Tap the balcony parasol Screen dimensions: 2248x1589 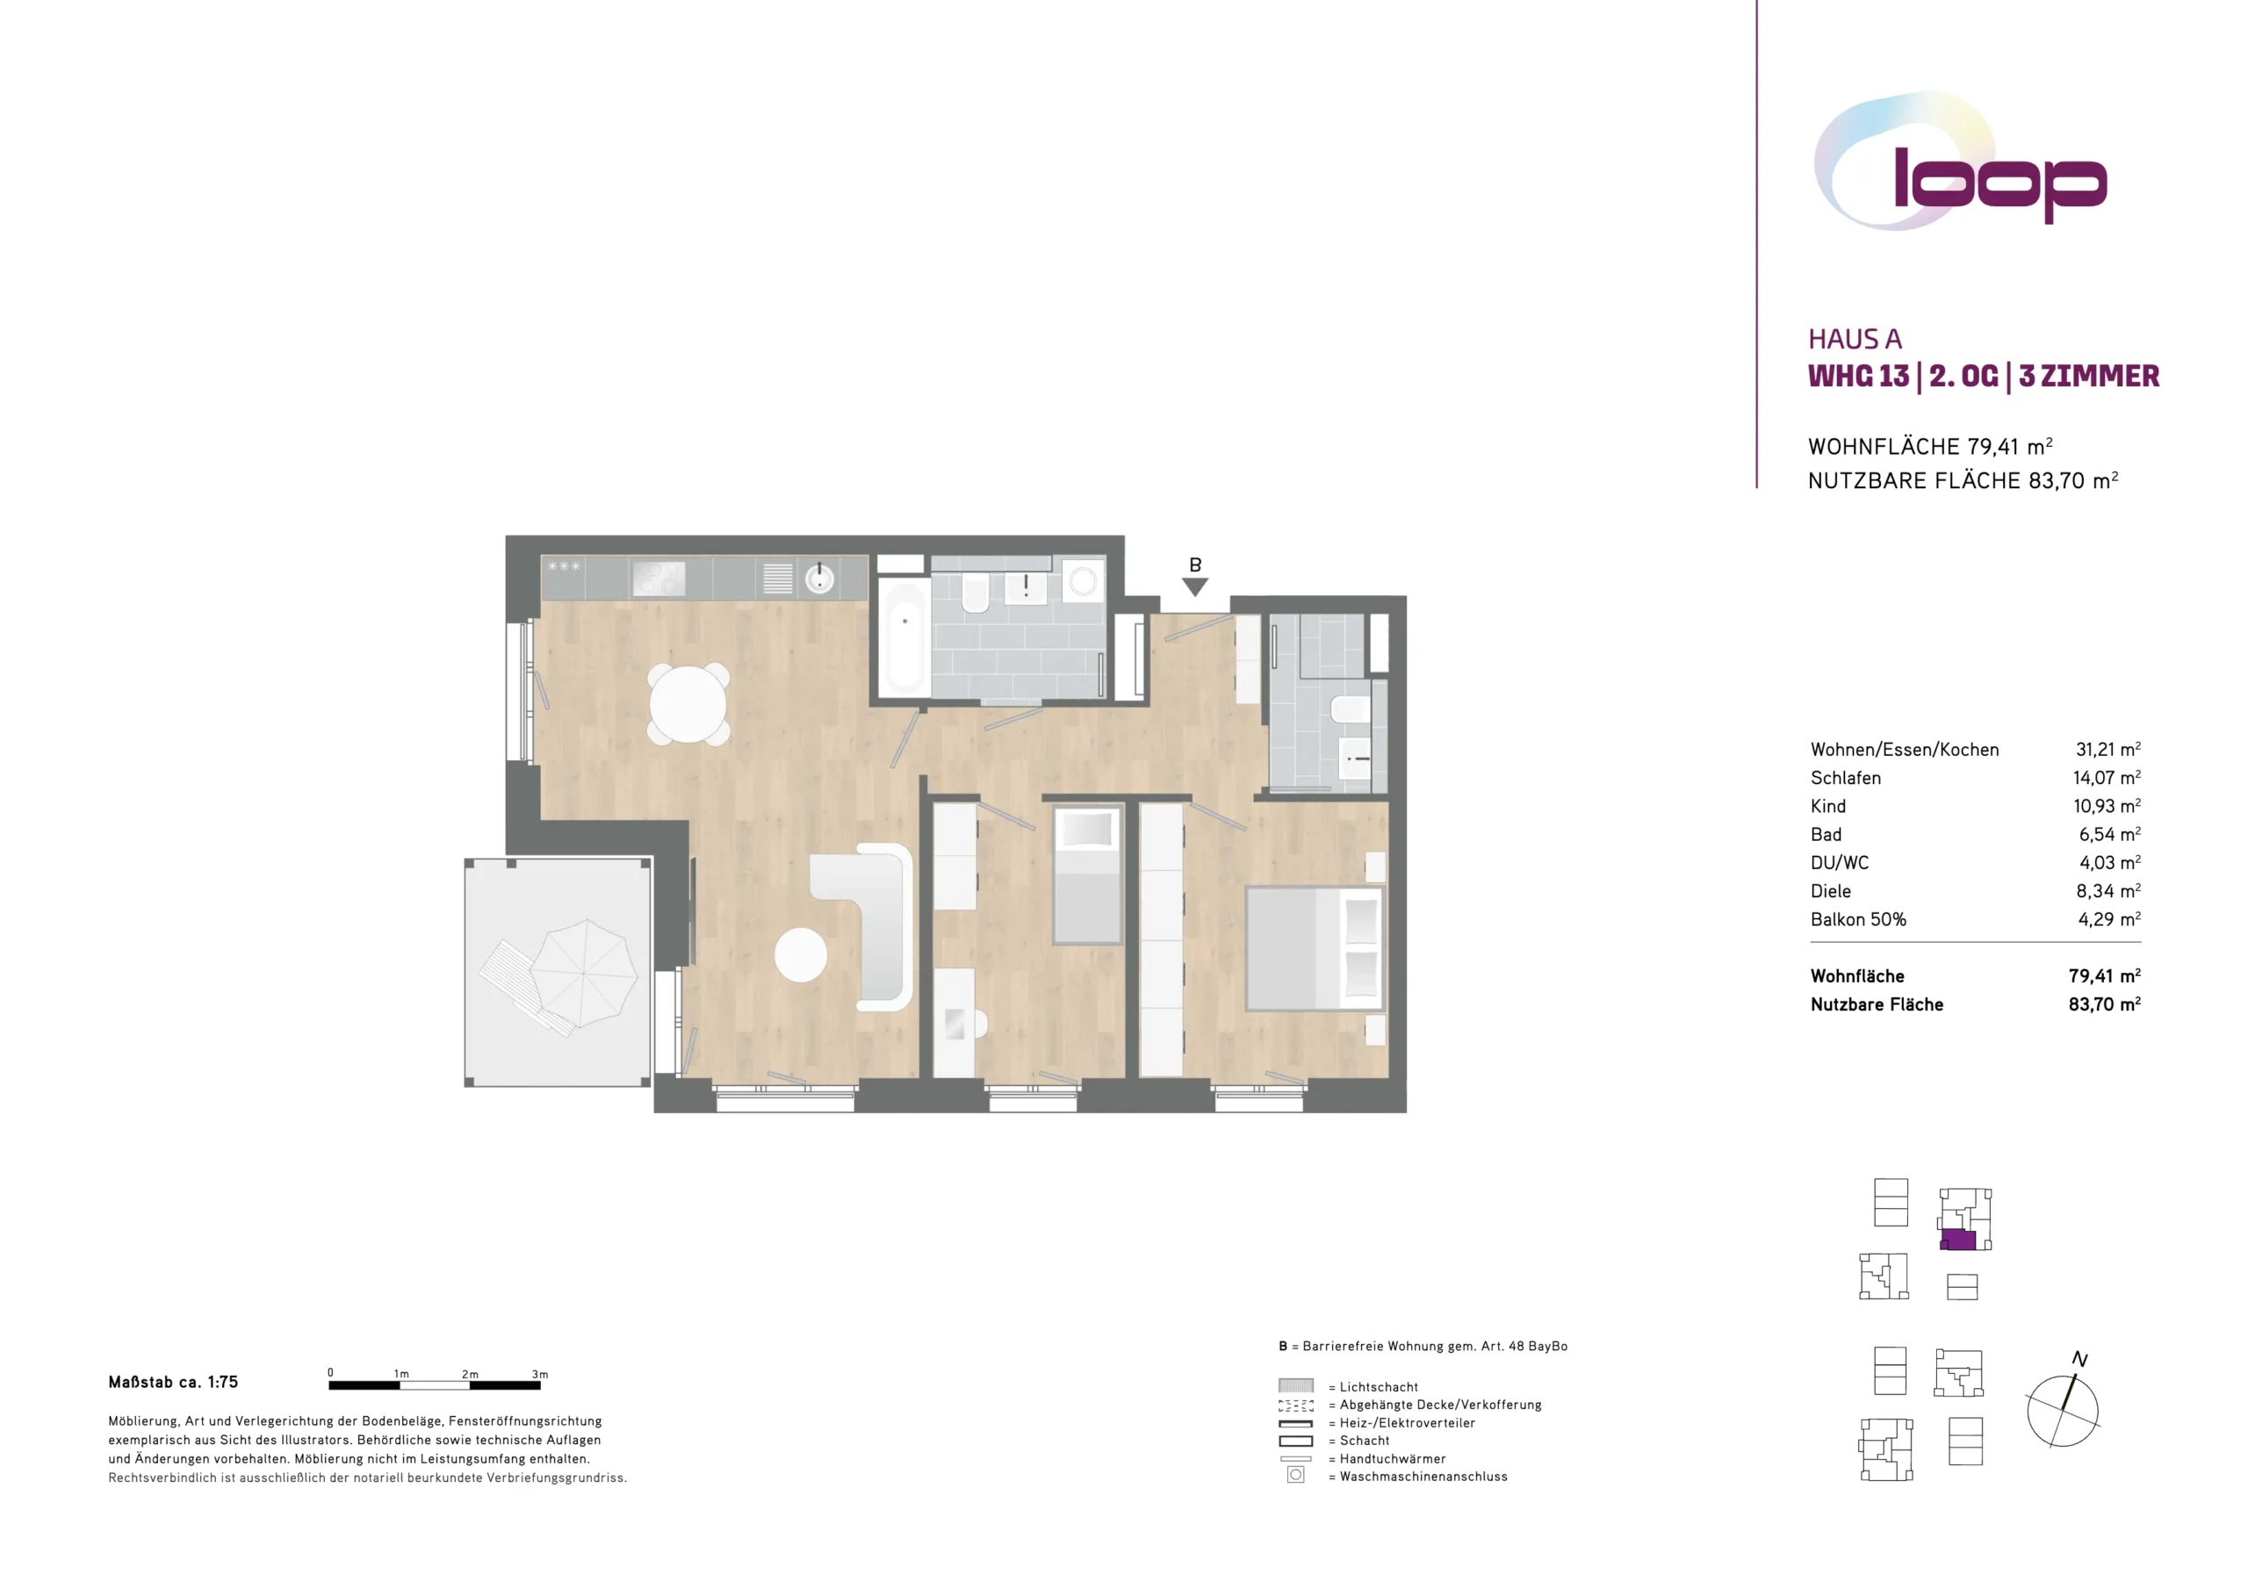click(584, 974)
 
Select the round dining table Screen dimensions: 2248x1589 click(688, 704)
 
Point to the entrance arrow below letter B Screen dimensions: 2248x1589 click(1194, 586)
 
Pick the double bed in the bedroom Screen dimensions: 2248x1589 click(1315, 948)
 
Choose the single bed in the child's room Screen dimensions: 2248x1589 click(1087, 874)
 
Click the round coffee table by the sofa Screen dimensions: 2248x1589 click(801, 954)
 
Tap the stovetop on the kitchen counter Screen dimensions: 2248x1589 click(659, 579)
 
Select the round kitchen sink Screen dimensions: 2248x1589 click(819, 579)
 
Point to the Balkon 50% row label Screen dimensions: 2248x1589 click(1858, 919)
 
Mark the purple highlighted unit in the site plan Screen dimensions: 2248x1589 click(1958, 1240)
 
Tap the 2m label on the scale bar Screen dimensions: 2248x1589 click(470, 1375)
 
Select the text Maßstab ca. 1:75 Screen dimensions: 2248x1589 click(173, 1383)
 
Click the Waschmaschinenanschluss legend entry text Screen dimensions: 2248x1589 click(1423, 1477)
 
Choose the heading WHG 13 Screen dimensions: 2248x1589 click(1858, 376)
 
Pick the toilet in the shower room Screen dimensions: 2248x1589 click(1349, 710)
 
